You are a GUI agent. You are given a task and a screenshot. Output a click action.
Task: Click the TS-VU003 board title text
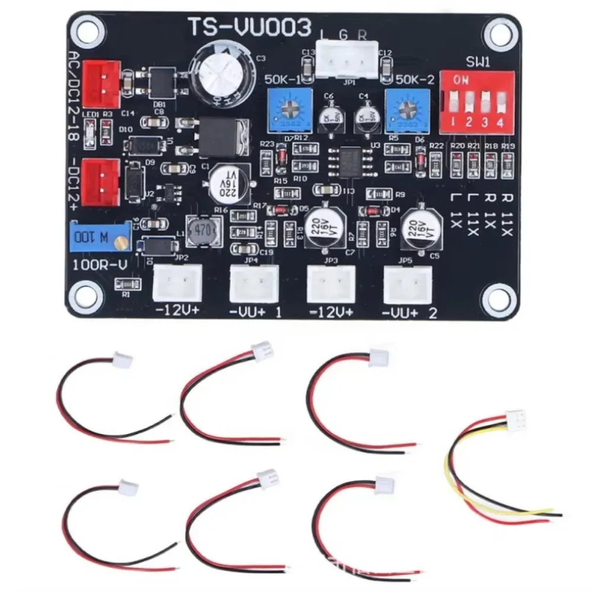pos(249,27)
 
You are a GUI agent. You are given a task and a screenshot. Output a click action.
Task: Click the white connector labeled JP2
pos(177,283)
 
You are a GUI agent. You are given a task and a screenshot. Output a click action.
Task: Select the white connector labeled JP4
pos(254,283)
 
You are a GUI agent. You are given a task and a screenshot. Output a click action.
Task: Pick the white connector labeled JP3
pos(330,283)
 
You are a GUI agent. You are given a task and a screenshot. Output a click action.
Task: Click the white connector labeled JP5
pos(407,283)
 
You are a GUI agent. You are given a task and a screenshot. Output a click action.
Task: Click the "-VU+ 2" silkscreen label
pos(410,313)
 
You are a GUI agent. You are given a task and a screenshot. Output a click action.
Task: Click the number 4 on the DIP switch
pos(500,124)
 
